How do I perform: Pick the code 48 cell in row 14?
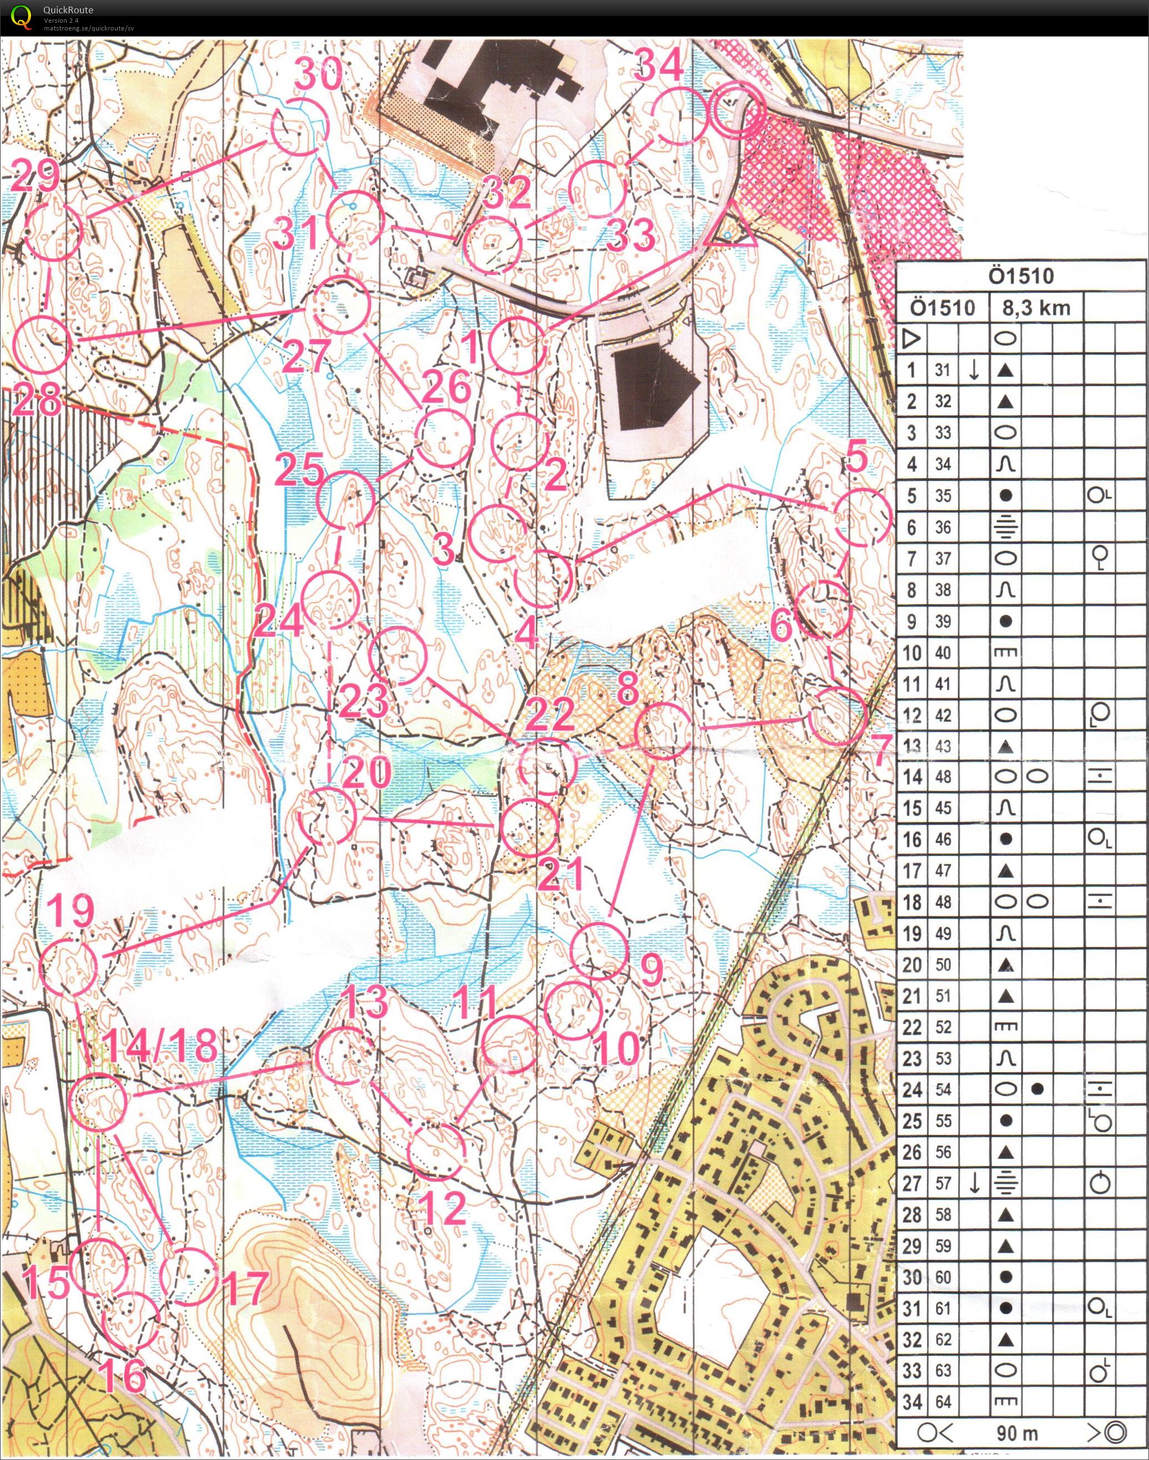click(x=943, y=777)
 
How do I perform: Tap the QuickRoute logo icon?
click(x=22, y=16)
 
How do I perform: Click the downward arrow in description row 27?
click(x=974, y=1184)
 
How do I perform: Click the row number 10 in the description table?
click(x=912, y=652)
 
